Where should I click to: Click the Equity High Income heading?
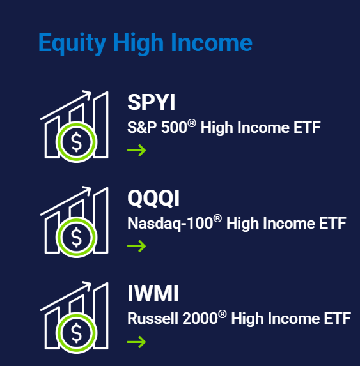(145, 43)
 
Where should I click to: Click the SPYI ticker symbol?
(151, 103)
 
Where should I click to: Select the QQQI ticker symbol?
(153, 198)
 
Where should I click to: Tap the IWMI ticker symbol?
(153, 294)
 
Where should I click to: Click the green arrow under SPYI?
(136, 151)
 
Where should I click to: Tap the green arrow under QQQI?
(136, 246)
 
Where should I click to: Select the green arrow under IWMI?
(136, 342)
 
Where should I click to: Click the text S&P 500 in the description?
(157, 128)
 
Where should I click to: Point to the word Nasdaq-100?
(169, 224)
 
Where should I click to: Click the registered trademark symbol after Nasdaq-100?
(217, 218)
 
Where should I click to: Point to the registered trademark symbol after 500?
(191, 123)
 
